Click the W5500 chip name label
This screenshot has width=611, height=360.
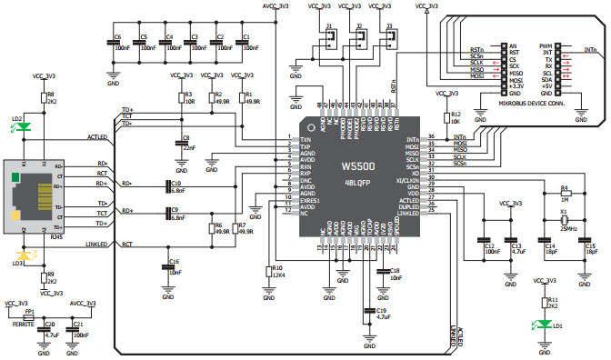[362, 165]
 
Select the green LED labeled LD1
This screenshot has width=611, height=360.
[545, 323]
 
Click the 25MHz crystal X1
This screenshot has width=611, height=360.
[565, 221]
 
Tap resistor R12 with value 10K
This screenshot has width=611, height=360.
[446, 116]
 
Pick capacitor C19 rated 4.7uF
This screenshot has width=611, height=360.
[369, 315]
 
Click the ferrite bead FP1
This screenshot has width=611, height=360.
[30, 315]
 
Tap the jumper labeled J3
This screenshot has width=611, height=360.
[391, 37]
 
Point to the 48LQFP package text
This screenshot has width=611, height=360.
[362, 182]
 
